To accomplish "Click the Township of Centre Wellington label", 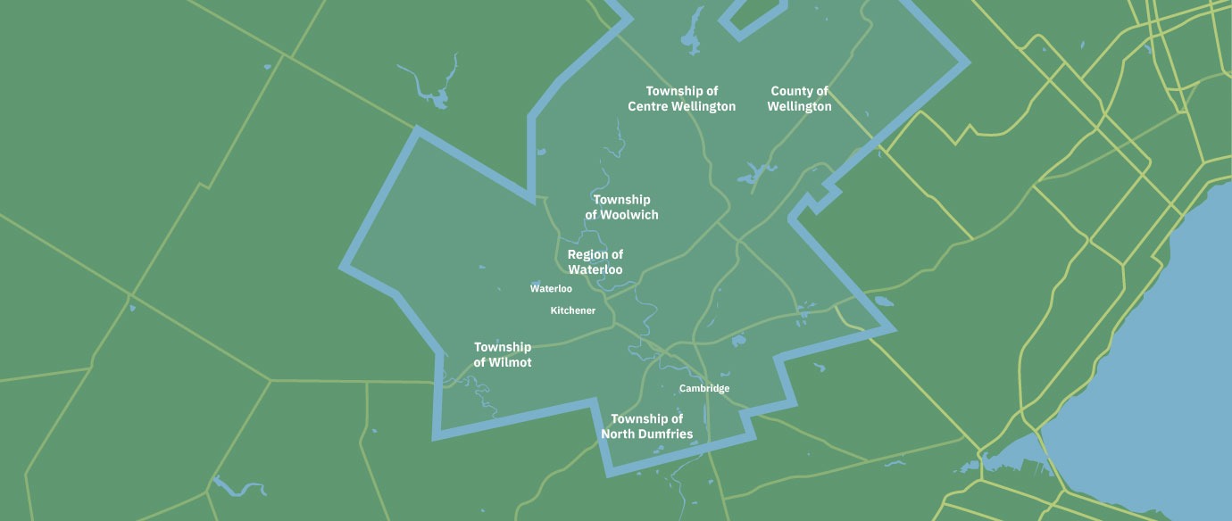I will click(682, 99).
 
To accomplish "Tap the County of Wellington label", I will click(800, 99).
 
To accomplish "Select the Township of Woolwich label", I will click(622, 207).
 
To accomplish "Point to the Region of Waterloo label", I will click(595, 262).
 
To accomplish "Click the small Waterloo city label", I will click(551, 289).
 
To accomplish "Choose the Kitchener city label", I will click(573, 310).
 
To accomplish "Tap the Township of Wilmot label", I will click(503, 355).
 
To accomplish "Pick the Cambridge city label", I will click(704, 389).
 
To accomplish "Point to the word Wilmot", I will click(511, 363).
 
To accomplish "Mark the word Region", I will click(588, 255).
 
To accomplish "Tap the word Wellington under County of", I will click(800, 107).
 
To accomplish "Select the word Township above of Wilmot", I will click(503, 347).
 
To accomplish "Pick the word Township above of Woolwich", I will click(622, 200).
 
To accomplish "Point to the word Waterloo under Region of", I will click(595, 270).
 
